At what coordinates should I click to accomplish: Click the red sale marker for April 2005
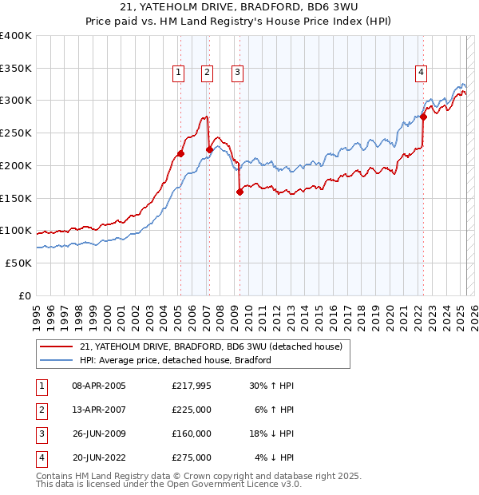coord(180,153)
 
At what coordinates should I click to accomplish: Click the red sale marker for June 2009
coord(239,191)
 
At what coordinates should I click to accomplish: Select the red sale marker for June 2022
coord(423,117)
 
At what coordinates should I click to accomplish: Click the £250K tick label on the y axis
coord(15,133)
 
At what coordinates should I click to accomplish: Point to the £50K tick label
coord(18,263)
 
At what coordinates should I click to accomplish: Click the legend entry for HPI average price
coord(176,360)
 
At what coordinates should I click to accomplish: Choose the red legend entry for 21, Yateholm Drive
coord(211,346)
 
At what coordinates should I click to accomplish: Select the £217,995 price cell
coord(192,386)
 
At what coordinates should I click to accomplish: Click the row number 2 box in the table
coord(41,410)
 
